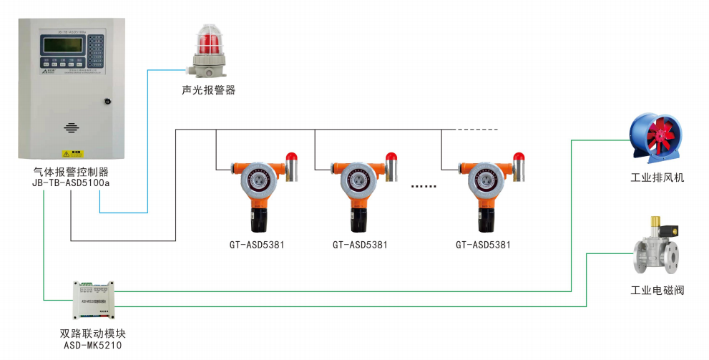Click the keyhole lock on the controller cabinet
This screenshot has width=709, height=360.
[107, 101]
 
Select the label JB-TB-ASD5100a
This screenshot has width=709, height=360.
[71, 183]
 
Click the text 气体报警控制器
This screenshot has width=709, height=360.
[71, 172]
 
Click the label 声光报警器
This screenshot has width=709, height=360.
[208, 90]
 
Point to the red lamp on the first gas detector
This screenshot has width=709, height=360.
[291, 157]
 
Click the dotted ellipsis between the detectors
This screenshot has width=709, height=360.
[424, 186]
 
